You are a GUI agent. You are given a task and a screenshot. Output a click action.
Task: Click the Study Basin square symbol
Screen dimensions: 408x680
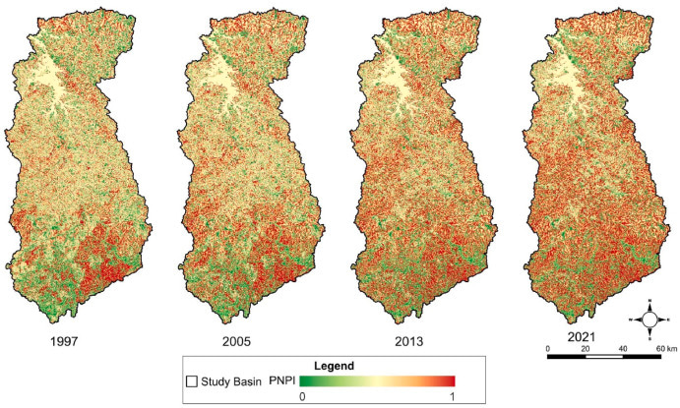193,380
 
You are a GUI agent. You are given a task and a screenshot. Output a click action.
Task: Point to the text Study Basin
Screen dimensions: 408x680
230,380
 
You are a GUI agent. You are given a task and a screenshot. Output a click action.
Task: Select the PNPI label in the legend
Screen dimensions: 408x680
283,380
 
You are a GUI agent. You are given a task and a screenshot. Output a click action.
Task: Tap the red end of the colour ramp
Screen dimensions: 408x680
450,380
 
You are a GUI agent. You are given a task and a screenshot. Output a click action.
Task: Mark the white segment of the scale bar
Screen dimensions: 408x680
604,358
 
